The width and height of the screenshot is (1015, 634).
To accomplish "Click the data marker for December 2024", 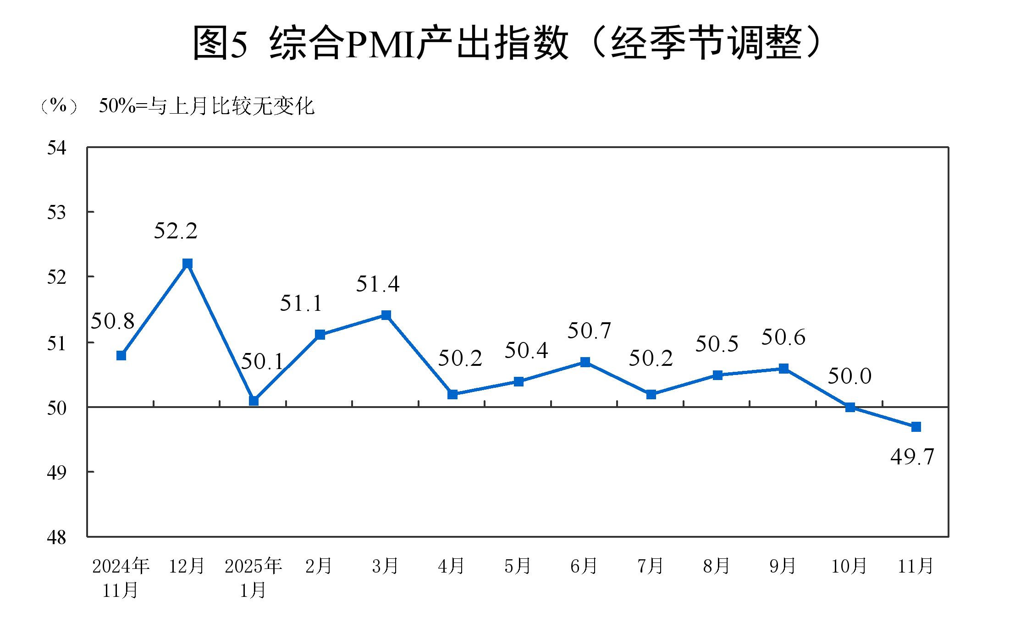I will click(187, 264).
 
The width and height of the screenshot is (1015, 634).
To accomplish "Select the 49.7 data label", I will click(912, 457).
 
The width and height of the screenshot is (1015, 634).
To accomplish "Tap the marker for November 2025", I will click(916, 427).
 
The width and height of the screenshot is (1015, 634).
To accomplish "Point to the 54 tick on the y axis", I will click(57, 148).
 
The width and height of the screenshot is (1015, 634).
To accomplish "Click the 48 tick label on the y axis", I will click(57, 537).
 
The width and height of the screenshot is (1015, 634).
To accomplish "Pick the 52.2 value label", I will click(176, 231).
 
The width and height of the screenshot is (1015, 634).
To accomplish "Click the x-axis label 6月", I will click(584, 566).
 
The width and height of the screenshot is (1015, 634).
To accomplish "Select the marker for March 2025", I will click(386, 315).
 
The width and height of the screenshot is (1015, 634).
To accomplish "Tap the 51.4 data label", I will click(378, 284).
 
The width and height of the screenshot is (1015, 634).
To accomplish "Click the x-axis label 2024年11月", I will click(121, 578).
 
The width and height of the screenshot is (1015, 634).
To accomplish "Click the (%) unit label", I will click(58, 106).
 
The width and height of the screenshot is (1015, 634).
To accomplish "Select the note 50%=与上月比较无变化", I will click(206, 106).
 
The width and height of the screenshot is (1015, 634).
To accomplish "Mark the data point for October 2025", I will click(850, 407).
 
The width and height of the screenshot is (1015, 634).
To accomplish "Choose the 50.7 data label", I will click(589, 331).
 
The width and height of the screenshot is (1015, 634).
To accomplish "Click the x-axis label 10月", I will click(849, 566).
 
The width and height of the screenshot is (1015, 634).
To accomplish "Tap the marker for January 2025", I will click(254, 401).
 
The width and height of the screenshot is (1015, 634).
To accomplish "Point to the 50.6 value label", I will click(783, 337).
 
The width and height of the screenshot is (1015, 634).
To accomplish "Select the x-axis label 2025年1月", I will click(253, 578).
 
